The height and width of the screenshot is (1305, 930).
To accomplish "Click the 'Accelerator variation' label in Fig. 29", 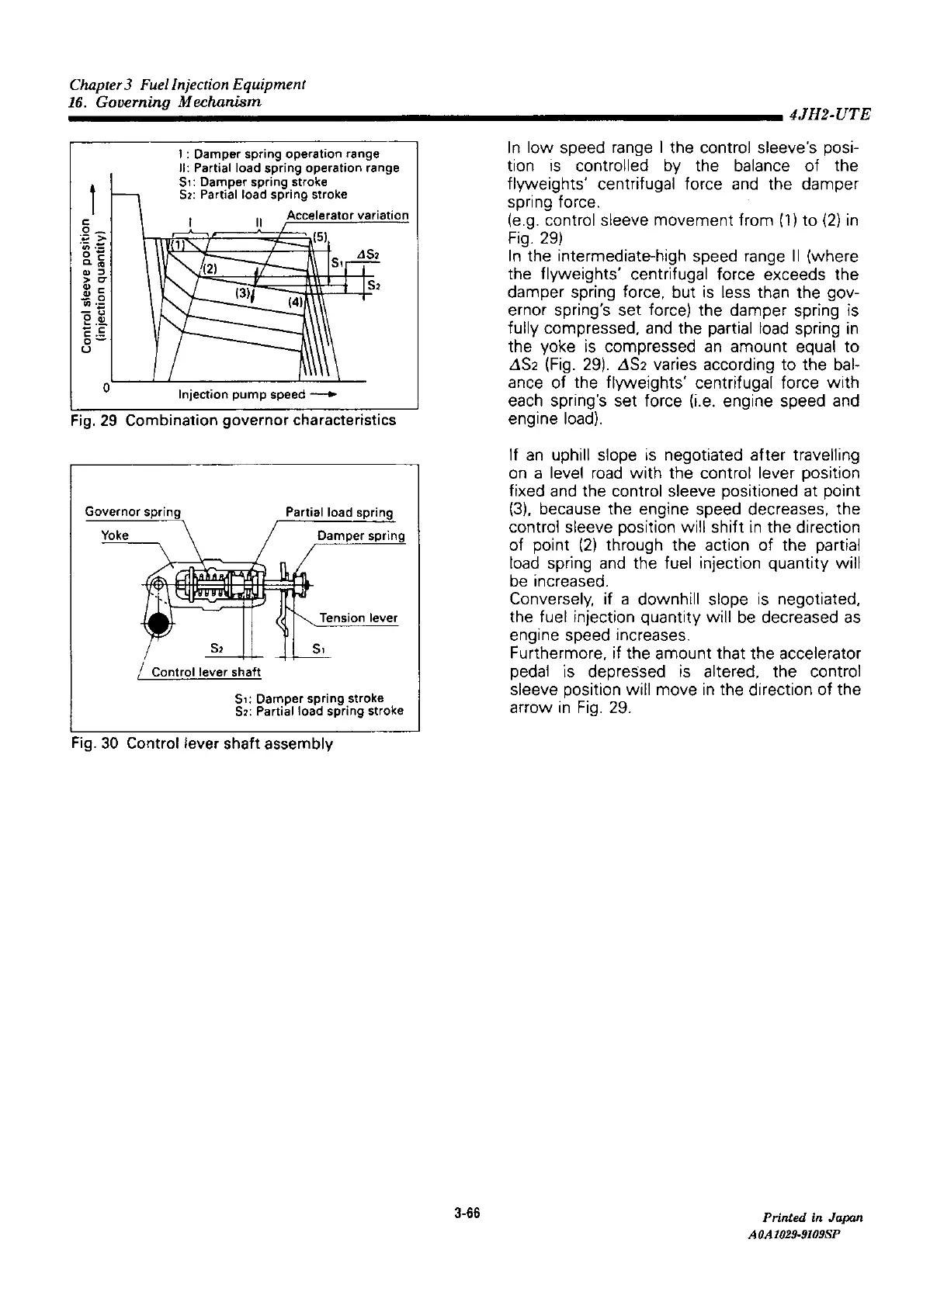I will tap(347, 216).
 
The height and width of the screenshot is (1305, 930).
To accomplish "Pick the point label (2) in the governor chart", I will tap(210, 268).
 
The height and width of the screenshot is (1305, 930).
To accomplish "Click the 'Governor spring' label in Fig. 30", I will tap(132, 512).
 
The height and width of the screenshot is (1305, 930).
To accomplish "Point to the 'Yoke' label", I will tap(115, 535).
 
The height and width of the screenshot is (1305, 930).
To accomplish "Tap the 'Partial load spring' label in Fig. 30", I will tap(339, 512).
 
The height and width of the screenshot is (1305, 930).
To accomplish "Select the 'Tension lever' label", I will tap(358, 618).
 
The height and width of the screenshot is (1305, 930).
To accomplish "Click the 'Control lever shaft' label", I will tap(206, 671).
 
